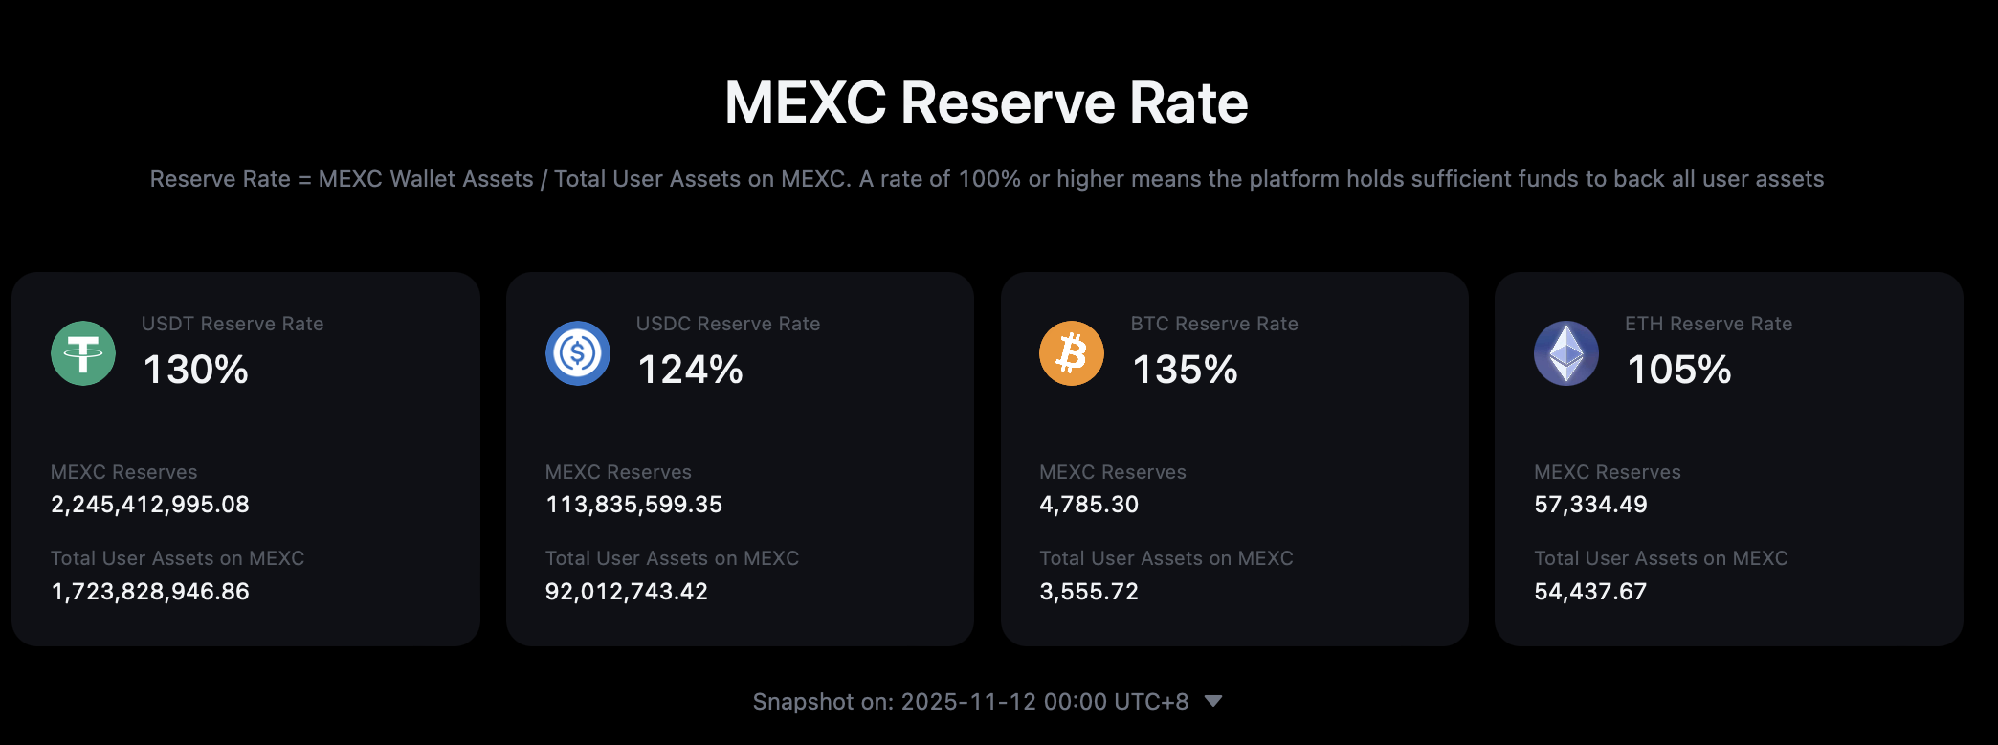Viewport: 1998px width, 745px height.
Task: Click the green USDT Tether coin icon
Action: pyautogui.click(x=83, y=353)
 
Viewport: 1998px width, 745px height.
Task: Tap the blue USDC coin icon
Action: pyautogui.click(x=578, y=353)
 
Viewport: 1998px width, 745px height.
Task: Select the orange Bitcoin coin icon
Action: pyautogui.click(x=1072, y=353)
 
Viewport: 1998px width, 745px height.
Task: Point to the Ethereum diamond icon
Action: pyautogui.click(x=1566, y=353)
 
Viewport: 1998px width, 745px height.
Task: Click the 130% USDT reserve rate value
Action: pyautogui.click(x=196, y=371)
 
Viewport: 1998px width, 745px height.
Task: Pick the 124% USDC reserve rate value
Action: pyautogui.click(x=690, y=371)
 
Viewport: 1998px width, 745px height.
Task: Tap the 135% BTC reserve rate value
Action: pyautogui.click(x=1185, y=371)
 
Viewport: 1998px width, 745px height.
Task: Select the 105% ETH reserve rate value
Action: pyautogui.click(x=1679, y=371)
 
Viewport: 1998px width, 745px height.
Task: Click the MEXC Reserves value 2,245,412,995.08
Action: pyautogui.click(x=150, y=505)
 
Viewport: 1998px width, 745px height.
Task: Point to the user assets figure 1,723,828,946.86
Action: pyautogui.click(x=150, y=592)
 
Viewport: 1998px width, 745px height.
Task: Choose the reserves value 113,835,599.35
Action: pyautogui.click(x=633, y=505)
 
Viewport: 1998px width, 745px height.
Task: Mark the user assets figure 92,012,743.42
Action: pyautogui.click(x=627, y=592)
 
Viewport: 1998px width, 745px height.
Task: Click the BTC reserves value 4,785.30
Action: pyautogui.click(x=1089, y=505)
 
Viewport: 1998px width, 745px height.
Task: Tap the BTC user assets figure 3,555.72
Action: pyautogui.click(x=1089, y=592)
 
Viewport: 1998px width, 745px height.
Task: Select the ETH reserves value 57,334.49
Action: pyautogui.click(x=1590, y=505)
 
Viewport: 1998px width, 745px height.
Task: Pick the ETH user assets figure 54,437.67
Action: pyautogui.click(x=1590, y=592)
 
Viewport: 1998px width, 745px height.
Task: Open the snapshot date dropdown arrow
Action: pyautogui.click(x=1213, y=701)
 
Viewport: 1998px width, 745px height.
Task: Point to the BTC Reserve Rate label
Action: pyautogui.click(x=1214, y=324)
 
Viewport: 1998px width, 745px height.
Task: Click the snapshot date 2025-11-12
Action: pyautogui.click(x=968, y=702)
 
